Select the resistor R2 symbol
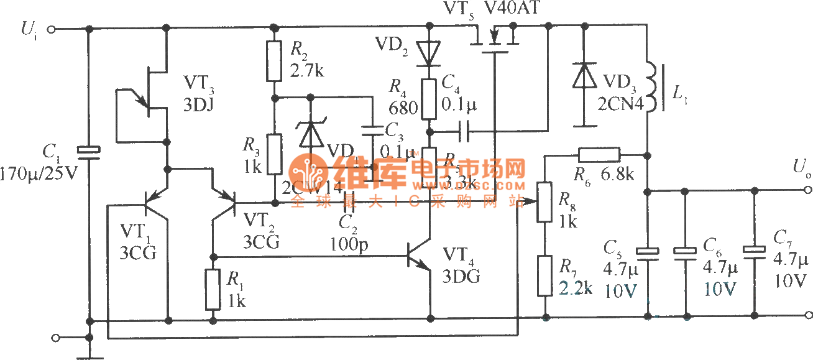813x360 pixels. click(x=274, y=61)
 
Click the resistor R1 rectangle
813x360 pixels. click(x=213, y=289)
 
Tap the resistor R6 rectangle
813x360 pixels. click(x=599, y=154)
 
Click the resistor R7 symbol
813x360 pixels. click(x=545, y=274)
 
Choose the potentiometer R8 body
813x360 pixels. click(x=545, y=201)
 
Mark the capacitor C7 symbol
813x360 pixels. click(x=755, y=251)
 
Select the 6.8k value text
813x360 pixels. click(x=617, y=174)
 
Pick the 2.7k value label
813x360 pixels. click(x=307, y=70)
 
